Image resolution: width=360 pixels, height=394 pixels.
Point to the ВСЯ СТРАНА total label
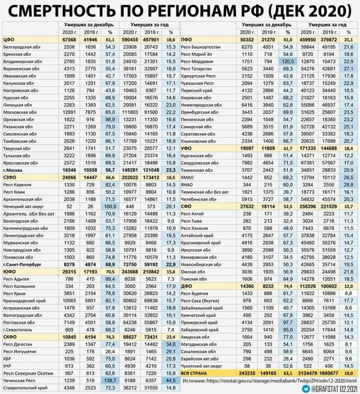coord(195,373)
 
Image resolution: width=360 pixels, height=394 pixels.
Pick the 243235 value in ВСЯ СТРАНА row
coord(247,373)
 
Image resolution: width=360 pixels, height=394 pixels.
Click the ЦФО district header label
coord(9,38)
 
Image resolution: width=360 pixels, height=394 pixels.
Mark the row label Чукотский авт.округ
coord(202,366)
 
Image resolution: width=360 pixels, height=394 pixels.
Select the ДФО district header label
coord(187,285)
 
